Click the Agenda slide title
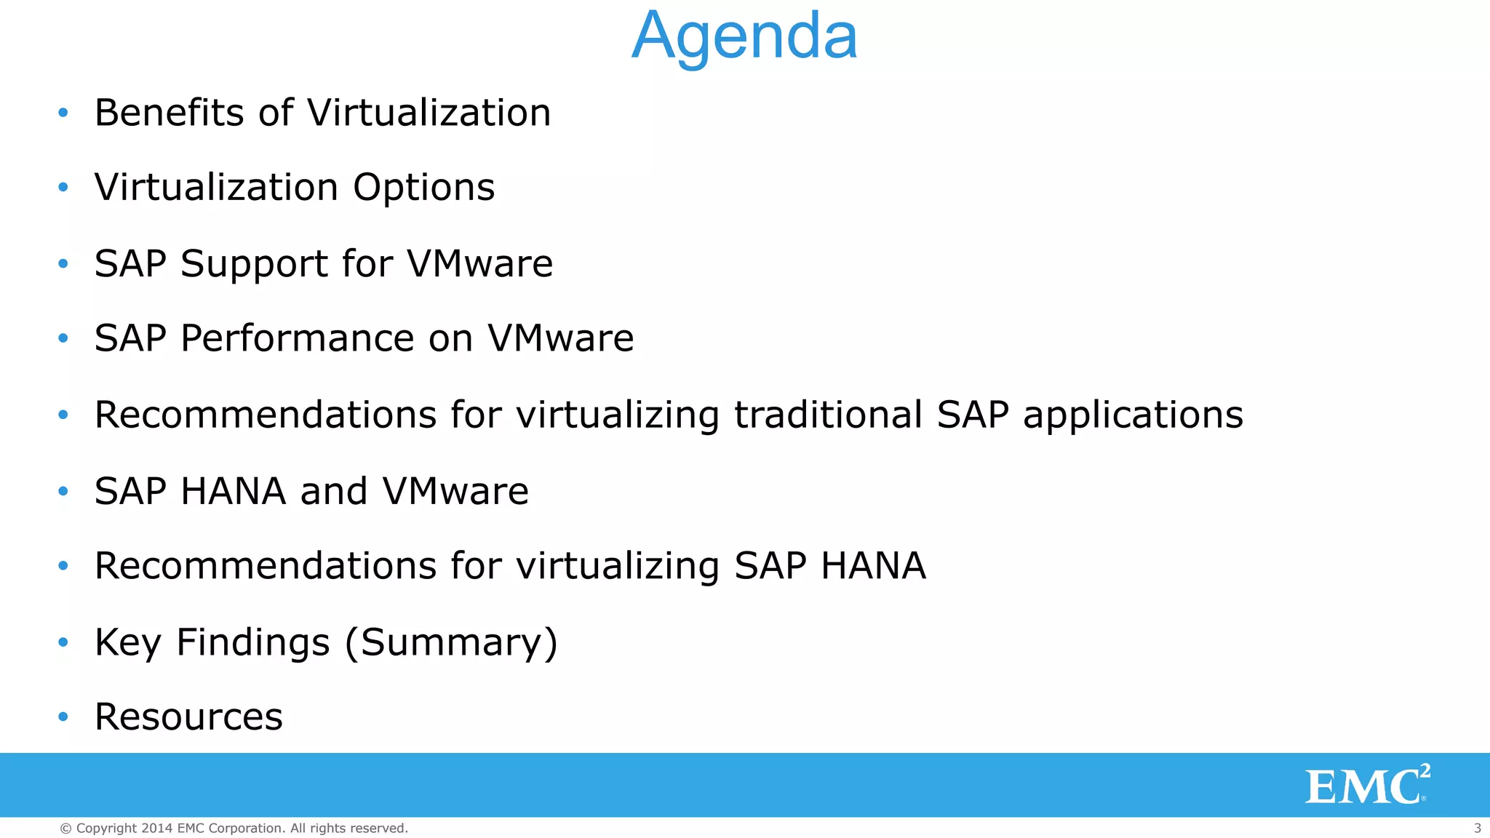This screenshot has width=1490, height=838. point(744,36)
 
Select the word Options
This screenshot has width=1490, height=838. point(423,188)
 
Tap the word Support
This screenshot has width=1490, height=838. point(254,264)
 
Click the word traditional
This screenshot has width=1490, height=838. point(828,415)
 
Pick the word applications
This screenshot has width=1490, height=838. point(1133,416)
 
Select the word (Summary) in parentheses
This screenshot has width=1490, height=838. point(451,643)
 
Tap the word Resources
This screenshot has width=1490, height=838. point(188,717)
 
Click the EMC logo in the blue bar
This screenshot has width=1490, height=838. point(1366,786)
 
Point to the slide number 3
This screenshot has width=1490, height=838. point(1477,828)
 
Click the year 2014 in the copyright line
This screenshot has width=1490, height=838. point(156,828)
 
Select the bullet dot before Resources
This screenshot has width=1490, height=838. point(63,717)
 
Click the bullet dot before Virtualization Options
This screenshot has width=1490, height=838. point(63,188)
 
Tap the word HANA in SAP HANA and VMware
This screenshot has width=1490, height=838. point(233,491)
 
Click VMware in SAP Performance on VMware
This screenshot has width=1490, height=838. point(560,339)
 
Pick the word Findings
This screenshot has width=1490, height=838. point(253,643)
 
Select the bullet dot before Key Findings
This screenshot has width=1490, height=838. point(63,642)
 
